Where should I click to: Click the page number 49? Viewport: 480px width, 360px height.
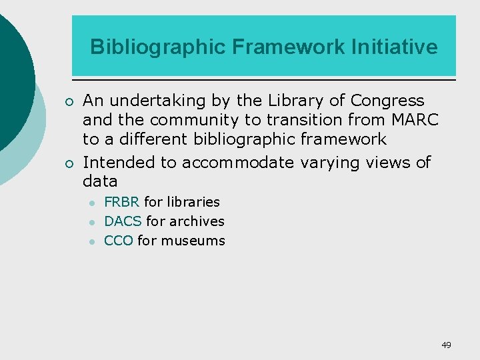446,345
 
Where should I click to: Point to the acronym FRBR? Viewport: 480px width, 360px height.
122,201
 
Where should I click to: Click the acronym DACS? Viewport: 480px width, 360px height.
123,221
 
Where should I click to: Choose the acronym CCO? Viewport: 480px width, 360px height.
119,240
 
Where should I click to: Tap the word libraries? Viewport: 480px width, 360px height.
193,201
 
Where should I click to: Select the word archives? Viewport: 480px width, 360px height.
197,221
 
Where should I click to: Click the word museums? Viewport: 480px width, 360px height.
193,240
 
